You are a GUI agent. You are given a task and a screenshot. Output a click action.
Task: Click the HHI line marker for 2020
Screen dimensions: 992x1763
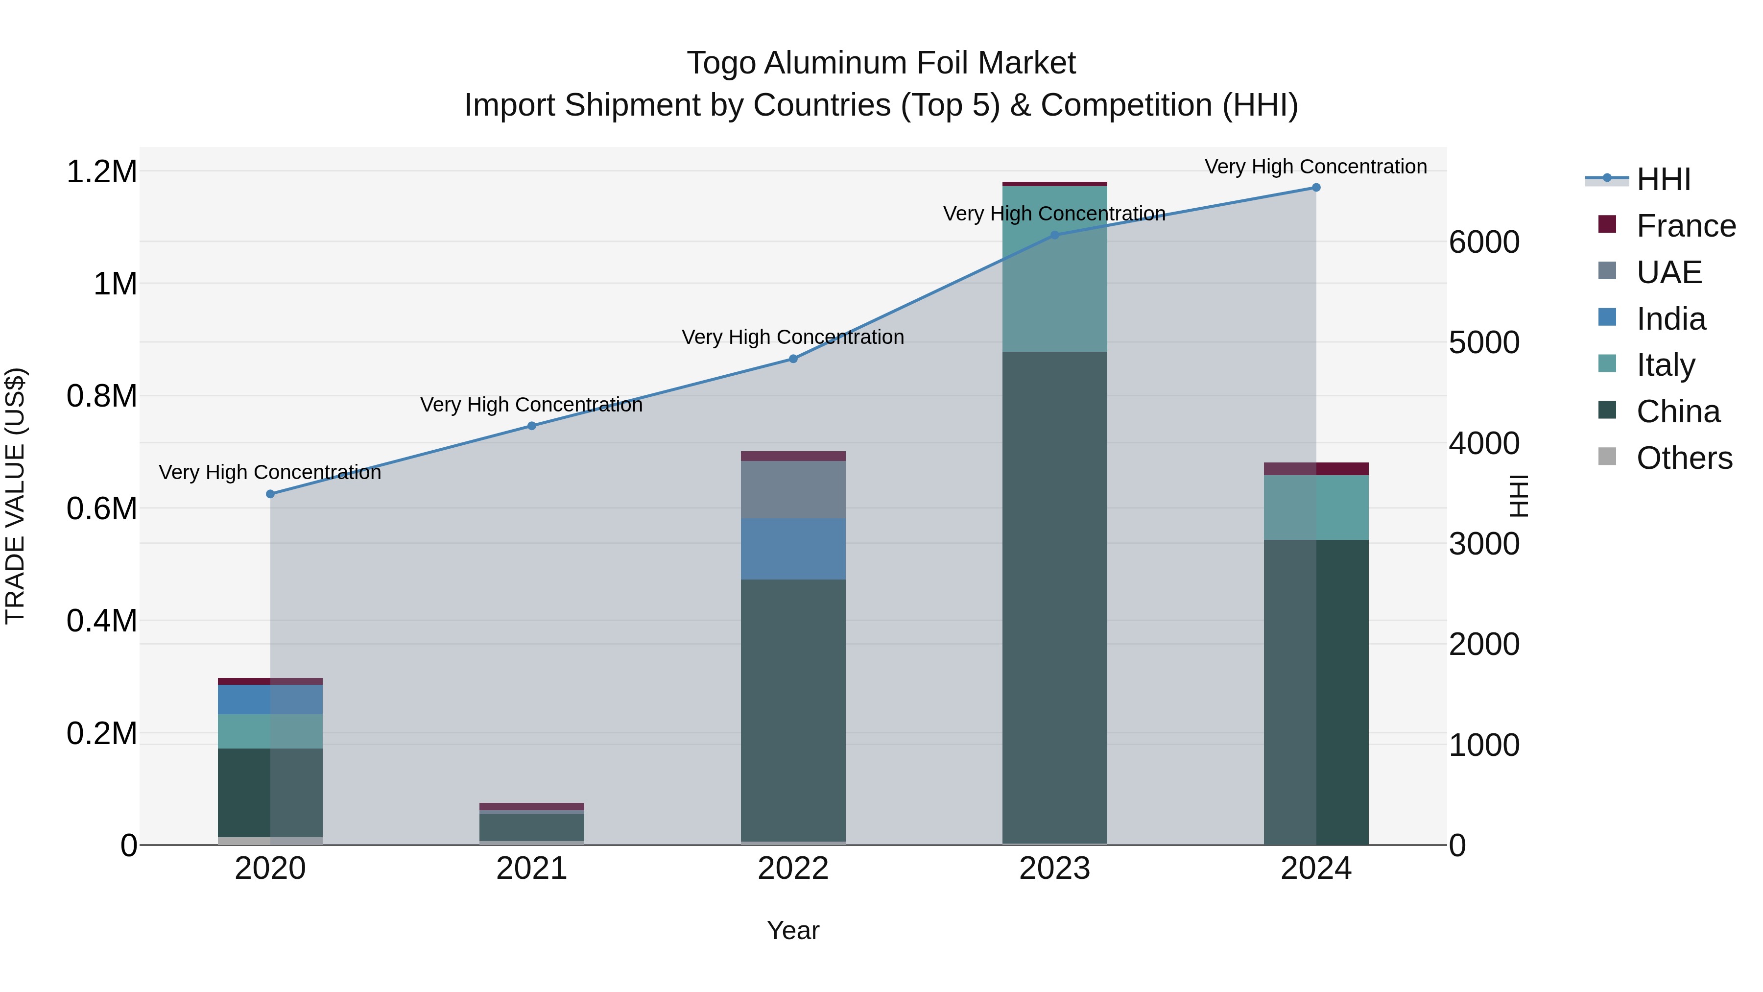pyautogui.click(x=270, y=494)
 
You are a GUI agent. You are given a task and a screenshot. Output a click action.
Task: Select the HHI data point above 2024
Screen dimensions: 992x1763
pyautogui.click(x=1315, y=188)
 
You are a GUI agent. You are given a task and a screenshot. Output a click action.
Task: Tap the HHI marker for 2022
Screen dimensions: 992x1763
pyautogui.click(x=793, y=359)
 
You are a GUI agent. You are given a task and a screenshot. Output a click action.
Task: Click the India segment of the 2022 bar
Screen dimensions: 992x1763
pyautogui.click(x=793, y=549)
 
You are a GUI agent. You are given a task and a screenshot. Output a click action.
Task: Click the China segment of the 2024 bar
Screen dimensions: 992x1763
pyautogui.click(x=1315, y=691)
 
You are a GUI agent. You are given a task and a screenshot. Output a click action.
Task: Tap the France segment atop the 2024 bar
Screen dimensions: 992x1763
pyautogui.click(x=1315, y=469)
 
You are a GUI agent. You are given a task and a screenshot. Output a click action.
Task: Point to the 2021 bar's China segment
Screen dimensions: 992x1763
pyautogui.click(x=532, y=827)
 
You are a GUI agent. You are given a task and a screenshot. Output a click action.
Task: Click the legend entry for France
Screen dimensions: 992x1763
pyautogui.click(x=1686, y=226)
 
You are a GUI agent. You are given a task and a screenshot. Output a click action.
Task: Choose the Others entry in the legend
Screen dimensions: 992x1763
pyautogui.click(x=1684, y=458)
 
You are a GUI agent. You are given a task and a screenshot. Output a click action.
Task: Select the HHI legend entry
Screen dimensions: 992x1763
pyautogui.click(x=1663, y=179)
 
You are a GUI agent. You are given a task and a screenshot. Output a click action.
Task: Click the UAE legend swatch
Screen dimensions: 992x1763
pyautogui.click(x=1607, y=271)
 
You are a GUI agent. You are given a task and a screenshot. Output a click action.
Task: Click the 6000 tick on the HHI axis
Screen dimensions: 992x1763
pyautogui.click(x=1484, y=242)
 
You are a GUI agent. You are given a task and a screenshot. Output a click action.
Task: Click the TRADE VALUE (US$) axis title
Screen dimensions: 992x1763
pyautogui.click(x=15, y=496)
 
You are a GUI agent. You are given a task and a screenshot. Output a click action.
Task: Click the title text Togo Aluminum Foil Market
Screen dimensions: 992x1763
pyautogui.click(x=881, y=63)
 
